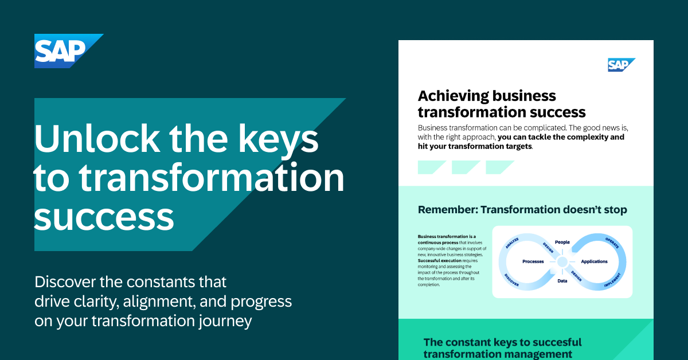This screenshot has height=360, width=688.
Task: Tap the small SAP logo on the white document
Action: (620, 65)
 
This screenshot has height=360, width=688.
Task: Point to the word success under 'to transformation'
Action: (104, 217)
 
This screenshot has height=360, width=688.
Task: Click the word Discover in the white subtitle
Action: (67, 282)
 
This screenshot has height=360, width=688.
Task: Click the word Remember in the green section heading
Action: (445, 210)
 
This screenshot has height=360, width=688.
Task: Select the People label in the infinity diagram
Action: (562, 242)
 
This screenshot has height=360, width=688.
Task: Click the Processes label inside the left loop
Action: (533, 261)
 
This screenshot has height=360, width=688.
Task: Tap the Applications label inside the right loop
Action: (594, 261)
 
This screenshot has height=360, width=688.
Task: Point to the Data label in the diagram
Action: (562, 281)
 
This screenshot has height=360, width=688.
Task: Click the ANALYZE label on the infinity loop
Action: (512, 244)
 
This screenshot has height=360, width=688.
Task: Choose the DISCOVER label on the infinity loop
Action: (512, 279)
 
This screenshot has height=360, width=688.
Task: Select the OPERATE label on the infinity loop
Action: (613, 242)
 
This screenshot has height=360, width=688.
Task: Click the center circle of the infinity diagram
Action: (562, 261)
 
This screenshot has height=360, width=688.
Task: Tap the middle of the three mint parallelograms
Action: (466, 167)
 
